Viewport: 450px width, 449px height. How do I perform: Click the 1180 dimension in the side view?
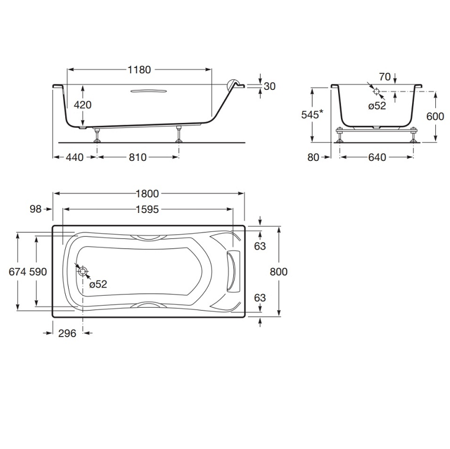click(139, 70)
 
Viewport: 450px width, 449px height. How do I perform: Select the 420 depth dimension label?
click(82, 105)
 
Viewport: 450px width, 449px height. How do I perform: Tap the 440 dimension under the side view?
click(74, 157)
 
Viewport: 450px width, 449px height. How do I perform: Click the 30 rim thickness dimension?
click(269, 86)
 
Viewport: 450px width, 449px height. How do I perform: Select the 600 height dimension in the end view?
click(435, 117)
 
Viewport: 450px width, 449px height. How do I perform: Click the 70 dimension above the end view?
click(384, 76)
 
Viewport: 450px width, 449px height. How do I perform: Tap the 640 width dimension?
click(377, 157)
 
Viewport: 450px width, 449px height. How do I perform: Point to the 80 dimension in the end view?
click(314, 157)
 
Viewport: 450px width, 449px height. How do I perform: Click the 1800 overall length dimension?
click(147, 193)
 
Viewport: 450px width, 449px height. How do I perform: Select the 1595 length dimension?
click(147, 209)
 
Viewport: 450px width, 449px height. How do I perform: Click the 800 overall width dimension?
click(278, 272)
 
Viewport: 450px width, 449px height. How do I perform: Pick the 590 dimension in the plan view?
click(38, 272)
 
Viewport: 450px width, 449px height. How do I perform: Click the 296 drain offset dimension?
click(67, 333)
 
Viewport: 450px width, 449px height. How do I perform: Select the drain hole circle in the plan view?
click(83, 272)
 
